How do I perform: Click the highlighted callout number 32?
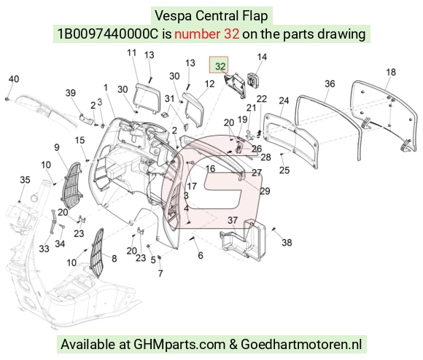click(220, 66)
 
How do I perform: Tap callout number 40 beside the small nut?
click(14, 79)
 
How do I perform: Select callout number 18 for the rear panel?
click(391, 72)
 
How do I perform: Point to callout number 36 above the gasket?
click(330, 84)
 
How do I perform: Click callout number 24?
click(284, 101)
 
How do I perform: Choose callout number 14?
click(262, 57)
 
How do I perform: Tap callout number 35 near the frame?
click(25, 180)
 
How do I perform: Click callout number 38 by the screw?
click(287, 243)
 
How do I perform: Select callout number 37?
click(232, 220)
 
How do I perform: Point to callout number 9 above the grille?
click(57, 147)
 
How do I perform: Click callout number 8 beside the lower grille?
click(114, 259)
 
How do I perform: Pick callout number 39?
click(71, 93)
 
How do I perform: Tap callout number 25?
click(284, 170)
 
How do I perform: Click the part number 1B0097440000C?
click(107, 34)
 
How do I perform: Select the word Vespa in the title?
click(174, 15)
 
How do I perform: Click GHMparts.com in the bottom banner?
click(179, 344)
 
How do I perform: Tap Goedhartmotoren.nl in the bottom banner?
click(301, 344)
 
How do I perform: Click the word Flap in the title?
click(255, 16)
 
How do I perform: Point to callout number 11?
click(132, 52)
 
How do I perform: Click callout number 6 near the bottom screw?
click(201, 256)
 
